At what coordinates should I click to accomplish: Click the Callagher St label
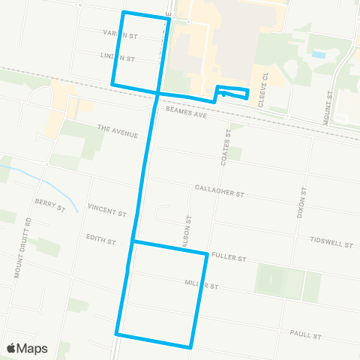point(220,190)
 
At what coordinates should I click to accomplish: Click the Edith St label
point(100,241)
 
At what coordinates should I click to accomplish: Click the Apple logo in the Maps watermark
point(13,348)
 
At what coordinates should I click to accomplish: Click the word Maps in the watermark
point(34,349)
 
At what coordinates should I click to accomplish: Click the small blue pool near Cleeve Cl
point(318,55)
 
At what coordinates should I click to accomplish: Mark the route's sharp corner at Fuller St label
point(206,254)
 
